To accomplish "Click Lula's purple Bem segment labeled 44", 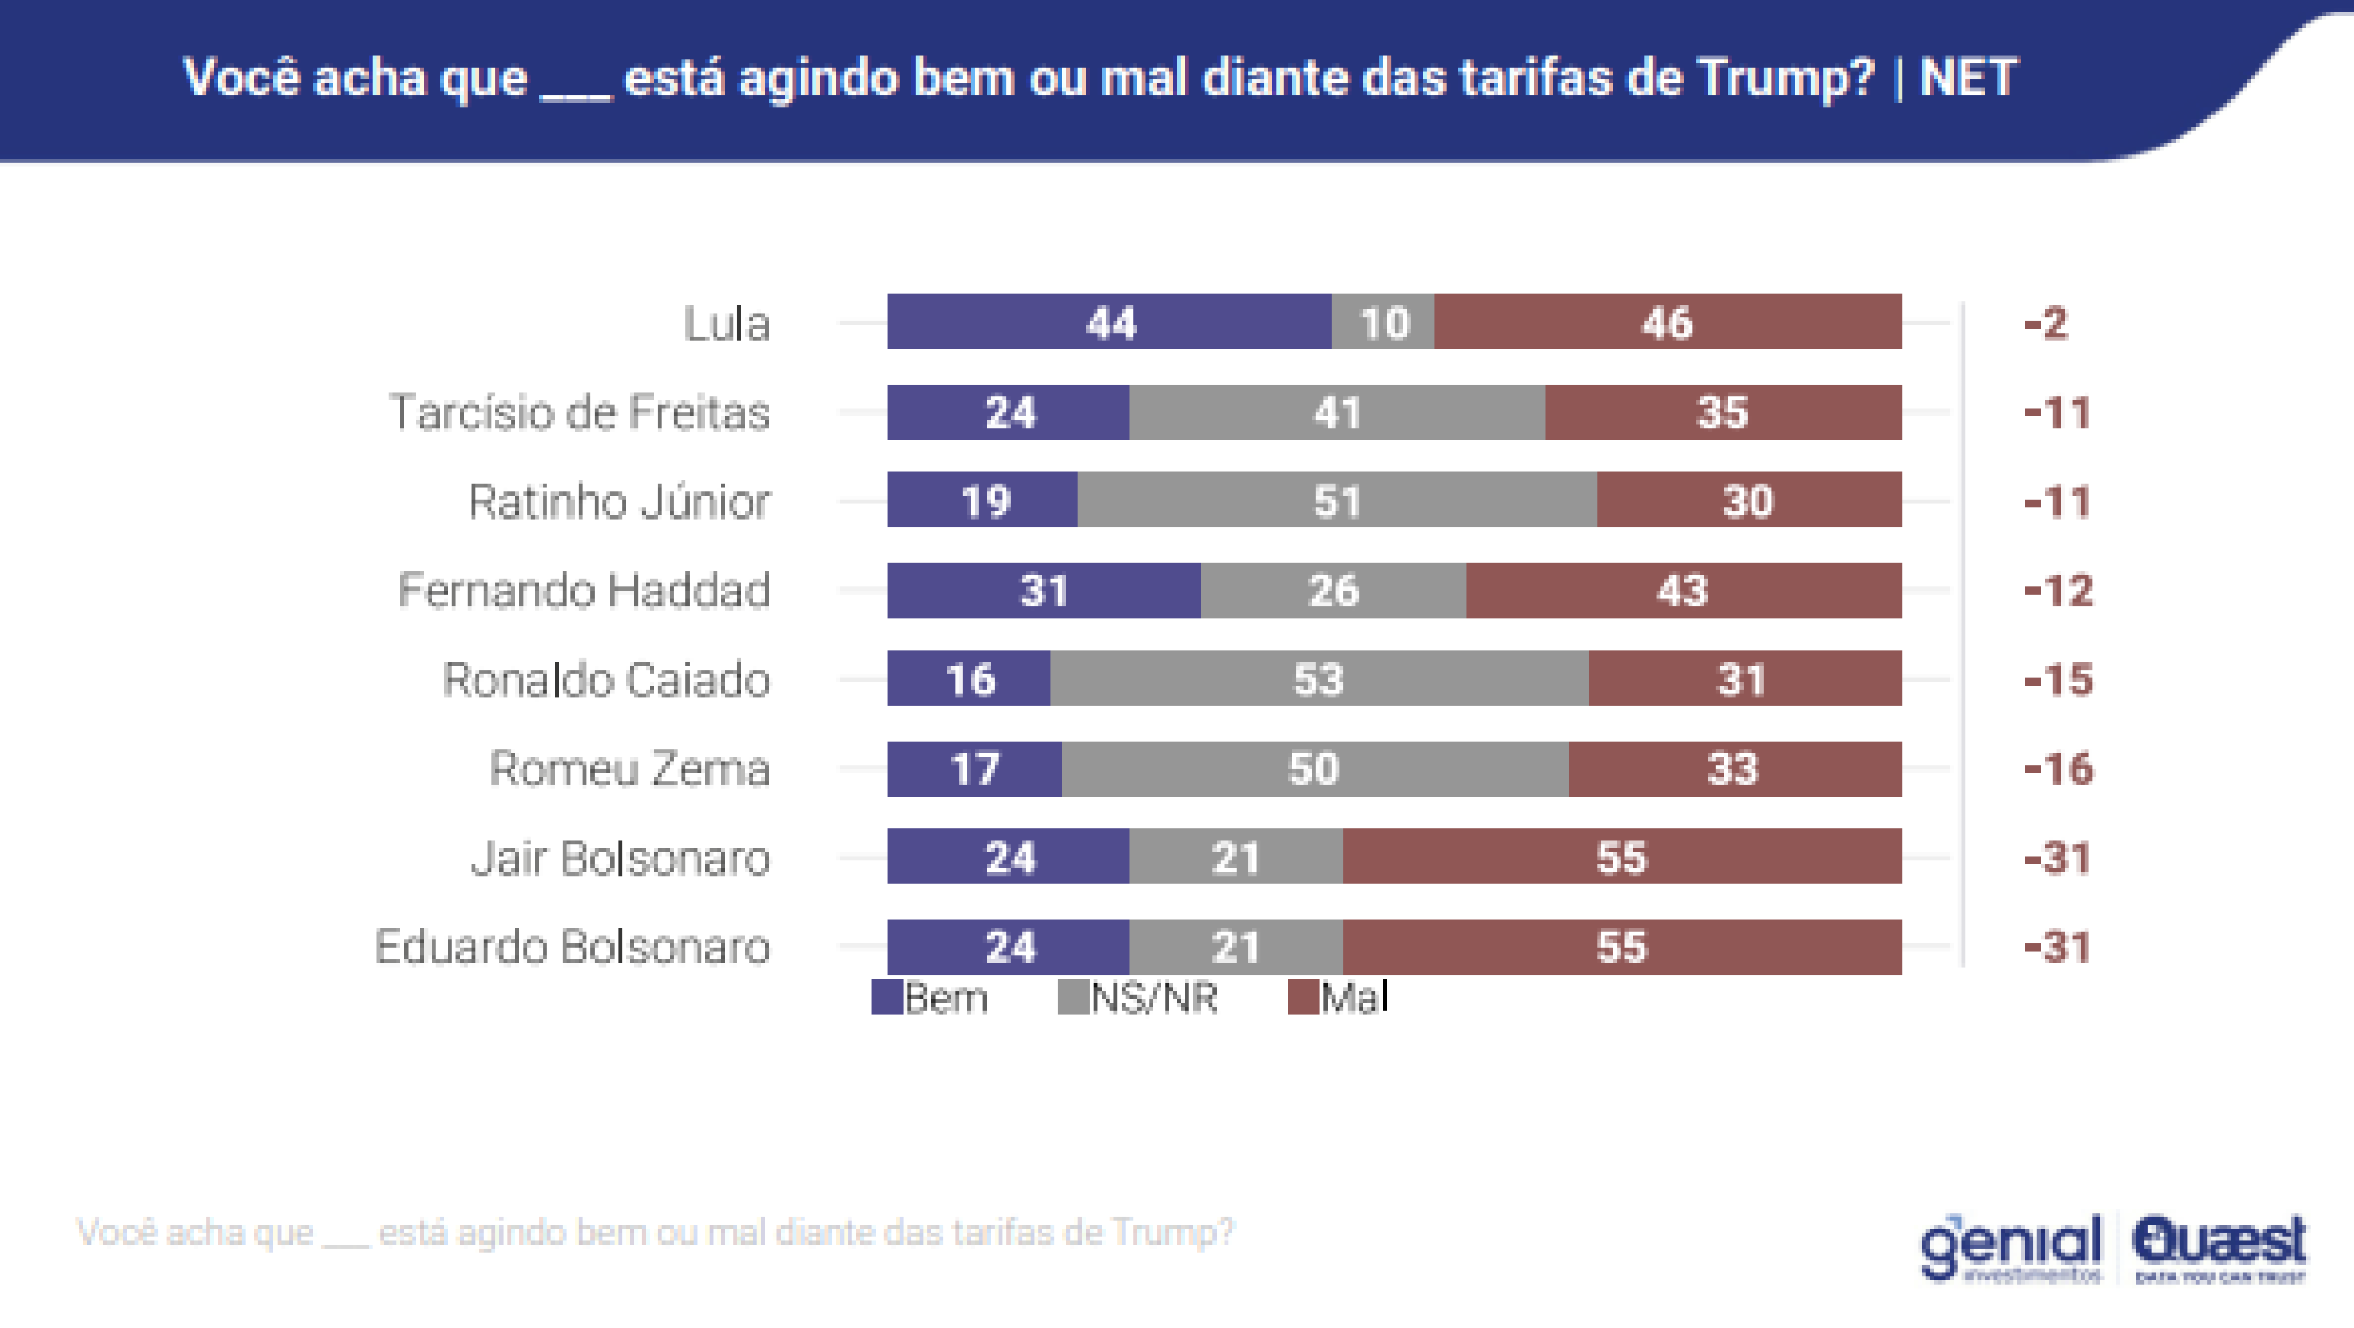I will (x=1108, y=322).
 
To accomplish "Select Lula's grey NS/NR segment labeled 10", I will (x=1383, y=322).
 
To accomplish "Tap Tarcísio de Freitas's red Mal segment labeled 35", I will (x=1722, y=412).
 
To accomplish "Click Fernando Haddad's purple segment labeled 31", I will (x=1043, y=591).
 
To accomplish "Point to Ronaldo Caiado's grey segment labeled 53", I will (x=1318, y=678).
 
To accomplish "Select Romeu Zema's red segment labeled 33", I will (x=1733, y=768).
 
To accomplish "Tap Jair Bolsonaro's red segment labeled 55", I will (x=1621, y=857).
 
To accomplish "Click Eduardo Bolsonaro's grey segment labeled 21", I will (x=1235, y=947).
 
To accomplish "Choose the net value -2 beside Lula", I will (x=2045, y=323).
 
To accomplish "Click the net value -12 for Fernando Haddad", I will (x=2058, y=591).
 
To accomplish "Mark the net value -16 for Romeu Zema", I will (x=2058, y=768).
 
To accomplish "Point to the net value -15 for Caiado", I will (x=2058, y=679).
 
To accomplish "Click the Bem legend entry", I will (x=930, y=997).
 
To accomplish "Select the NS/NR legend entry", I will (x=1137, y=997).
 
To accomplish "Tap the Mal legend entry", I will (x=1339, y=997).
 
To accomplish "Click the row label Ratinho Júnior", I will (x=619, y=501).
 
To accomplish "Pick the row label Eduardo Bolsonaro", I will (x=572, y=947).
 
